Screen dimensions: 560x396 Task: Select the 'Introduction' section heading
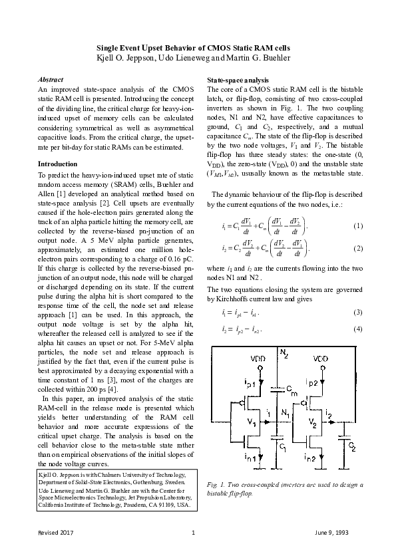[57, 164]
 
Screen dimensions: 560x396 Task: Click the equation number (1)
[358, 226]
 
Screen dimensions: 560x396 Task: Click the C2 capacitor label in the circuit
[353, 448]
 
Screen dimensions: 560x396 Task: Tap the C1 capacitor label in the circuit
[282, 447]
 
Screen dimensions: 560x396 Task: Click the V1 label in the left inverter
[252, 422]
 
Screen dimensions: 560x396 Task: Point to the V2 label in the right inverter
[311, 422]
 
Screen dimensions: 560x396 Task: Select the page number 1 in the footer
[192, 533]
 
